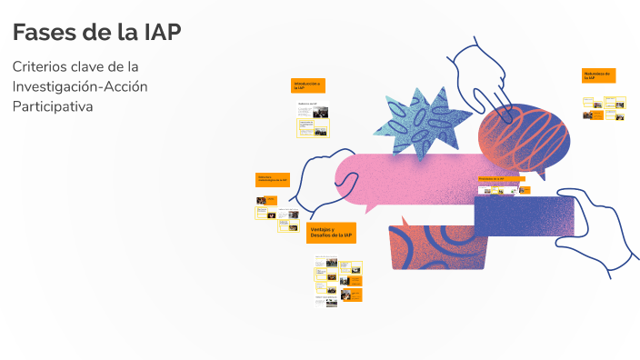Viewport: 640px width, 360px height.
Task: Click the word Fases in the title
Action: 46,33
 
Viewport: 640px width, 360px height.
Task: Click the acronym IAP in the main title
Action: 163,33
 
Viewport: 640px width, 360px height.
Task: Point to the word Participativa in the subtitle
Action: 53,106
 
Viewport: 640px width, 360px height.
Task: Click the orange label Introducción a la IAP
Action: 307,85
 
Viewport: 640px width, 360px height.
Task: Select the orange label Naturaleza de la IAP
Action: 599,75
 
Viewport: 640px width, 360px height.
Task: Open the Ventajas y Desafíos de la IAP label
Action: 331,233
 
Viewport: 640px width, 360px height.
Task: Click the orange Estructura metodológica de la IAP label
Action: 272,180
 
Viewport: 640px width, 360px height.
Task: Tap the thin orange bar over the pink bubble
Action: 501,179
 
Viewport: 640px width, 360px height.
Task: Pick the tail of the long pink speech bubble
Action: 372,206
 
